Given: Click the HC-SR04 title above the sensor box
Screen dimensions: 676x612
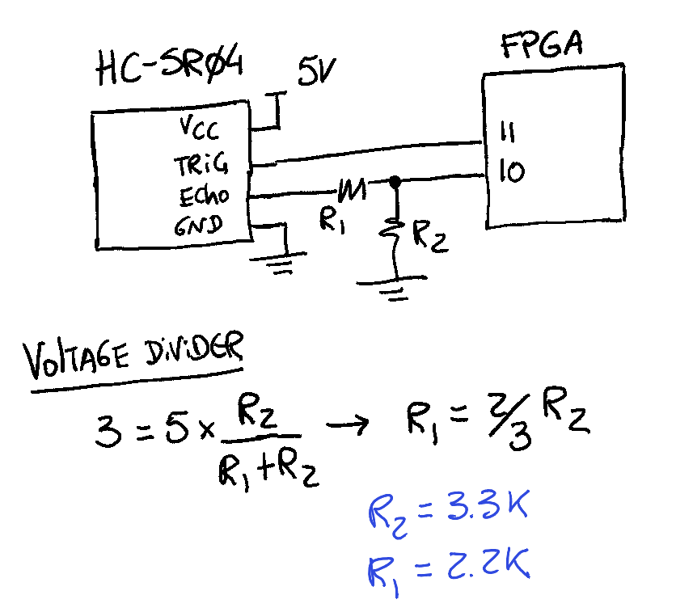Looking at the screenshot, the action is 171,67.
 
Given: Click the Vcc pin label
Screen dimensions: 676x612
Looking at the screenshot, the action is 199,128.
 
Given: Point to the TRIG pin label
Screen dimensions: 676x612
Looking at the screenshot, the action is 201,164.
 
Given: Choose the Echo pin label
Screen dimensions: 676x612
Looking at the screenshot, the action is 204,196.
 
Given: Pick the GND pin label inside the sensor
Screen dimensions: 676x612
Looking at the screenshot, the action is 198,226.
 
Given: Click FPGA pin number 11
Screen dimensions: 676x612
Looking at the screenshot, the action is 508,132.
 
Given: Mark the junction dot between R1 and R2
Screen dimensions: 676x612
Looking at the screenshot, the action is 395,181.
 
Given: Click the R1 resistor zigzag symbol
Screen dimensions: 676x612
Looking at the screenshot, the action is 353,190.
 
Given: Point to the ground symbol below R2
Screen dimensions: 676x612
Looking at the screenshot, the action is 392,288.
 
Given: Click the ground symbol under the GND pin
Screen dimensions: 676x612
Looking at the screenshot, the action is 278,263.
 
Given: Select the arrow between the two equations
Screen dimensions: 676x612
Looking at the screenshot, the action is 347,424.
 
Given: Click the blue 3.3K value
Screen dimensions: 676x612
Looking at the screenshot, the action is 487,506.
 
